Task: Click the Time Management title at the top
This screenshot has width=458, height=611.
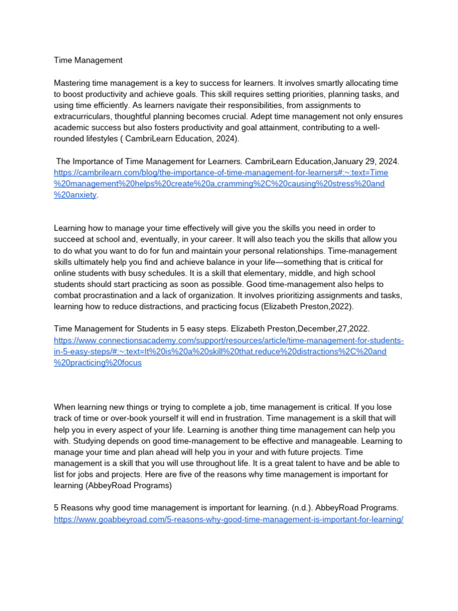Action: [88, 60]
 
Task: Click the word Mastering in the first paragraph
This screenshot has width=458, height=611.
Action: [74, 83]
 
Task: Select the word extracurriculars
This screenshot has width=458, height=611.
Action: [82, 117]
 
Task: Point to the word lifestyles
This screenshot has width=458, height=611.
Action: [103, 139]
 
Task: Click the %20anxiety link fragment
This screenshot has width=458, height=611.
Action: [75, 195]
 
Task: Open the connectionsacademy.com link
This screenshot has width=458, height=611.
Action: [228, 340]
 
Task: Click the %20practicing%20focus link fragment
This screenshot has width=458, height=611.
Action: [98, 363]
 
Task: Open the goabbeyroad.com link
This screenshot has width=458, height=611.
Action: [228, 519]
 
